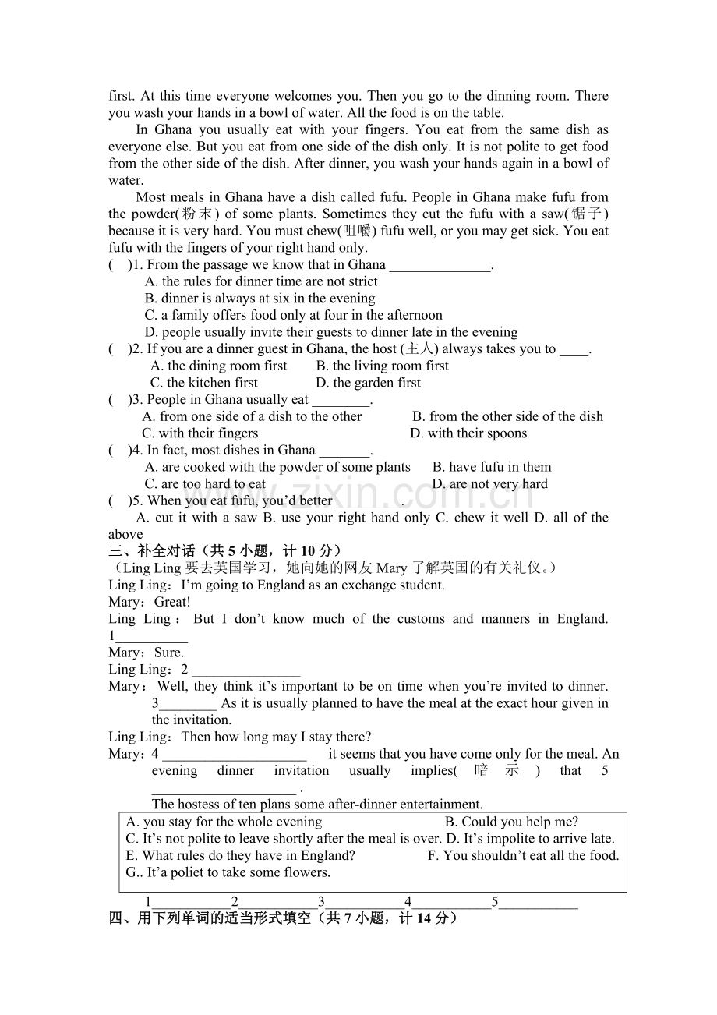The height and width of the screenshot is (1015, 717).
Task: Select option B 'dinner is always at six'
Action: pos(260,298)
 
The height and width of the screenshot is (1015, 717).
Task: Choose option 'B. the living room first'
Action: pos(382,366)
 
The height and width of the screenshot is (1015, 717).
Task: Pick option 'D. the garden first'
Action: pos(368,383)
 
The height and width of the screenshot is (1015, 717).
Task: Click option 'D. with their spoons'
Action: pos(468,433)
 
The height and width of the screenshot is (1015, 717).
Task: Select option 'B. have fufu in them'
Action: pos(492,467)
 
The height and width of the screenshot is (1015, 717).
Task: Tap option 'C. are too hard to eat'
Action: pos(205,483)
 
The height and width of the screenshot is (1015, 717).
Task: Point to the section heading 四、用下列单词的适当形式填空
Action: pos(282,918)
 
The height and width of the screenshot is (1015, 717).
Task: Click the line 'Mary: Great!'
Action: pos(150,602)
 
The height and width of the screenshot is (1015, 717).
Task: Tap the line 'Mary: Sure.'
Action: pos(147,652)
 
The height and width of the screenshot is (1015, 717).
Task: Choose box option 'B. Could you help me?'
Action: pos(511,822)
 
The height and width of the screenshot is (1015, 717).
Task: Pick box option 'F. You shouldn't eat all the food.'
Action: pos(523,855)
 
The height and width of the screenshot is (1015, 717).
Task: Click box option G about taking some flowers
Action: pos(228,872)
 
